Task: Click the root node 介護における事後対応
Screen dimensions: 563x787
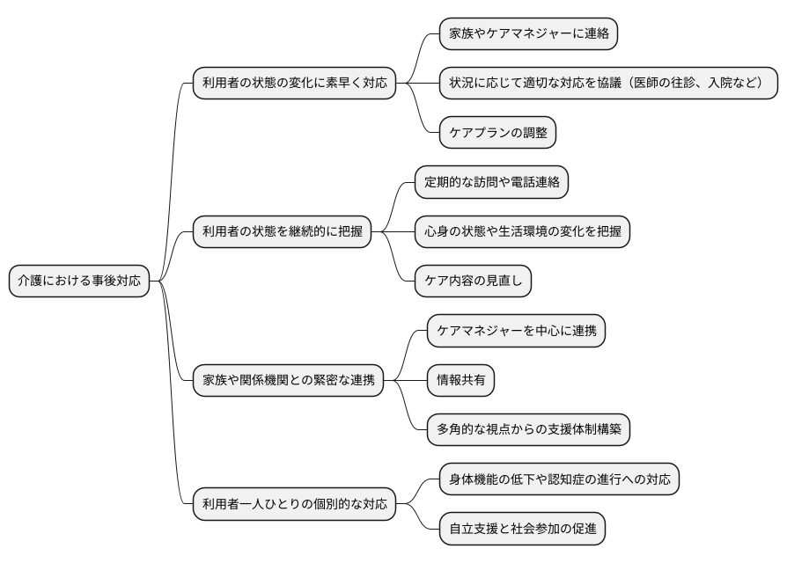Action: [79, 281]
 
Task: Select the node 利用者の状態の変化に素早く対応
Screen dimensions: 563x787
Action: [294, 84]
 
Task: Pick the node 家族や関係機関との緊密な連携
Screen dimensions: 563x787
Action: [289, 380]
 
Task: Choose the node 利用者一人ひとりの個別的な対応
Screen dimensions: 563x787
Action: [294, 505]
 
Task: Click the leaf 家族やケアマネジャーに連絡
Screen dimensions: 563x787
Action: [527, 34]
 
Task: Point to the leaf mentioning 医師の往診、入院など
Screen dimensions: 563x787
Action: [608, 84]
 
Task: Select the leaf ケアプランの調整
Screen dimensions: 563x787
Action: [498, 133]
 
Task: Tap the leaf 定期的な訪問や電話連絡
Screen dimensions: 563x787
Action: [491, 182]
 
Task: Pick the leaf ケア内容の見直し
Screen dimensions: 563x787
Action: [474, 281]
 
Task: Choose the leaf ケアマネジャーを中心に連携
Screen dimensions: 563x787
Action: [516, 331]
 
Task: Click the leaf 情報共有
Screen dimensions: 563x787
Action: [460, 380]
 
